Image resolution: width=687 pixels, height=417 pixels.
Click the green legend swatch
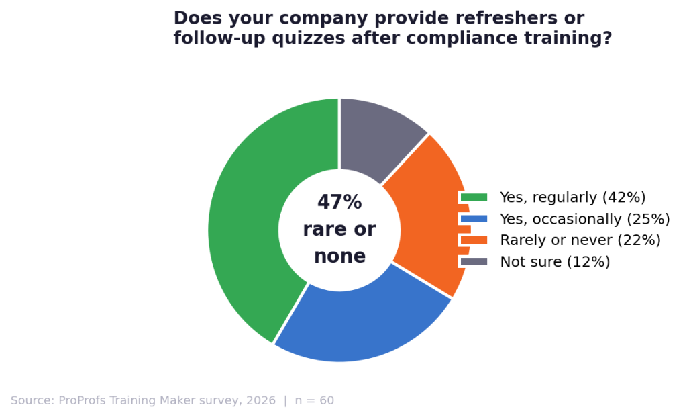(474, 197)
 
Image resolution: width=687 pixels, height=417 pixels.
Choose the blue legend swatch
(474, 219)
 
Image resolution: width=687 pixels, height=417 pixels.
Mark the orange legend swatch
(474, 240)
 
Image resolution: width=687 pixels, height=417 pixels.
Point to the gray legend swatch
(474, 262)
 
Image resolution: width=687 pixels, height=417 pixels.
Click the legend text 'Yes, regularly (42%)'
(572, 197)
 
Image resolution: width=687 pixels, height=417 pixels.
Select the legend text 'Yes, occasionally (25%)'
(584, 219)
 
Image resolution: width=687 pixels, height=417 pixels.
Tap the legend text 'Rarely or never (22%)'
(580, 240)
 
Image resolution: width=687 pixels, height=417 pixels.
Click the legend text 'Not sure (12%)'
(555, 262)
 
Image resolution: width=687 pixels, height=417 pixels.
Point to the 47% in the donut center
(339, 203)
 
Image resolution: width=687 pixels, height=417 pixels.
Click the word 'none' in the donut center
(339, 257)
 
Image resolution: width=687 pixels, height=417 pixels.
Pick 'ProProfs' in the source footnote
(83, 401)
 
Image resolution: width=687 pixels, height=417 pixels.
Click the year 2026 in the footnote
(260, 401)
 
